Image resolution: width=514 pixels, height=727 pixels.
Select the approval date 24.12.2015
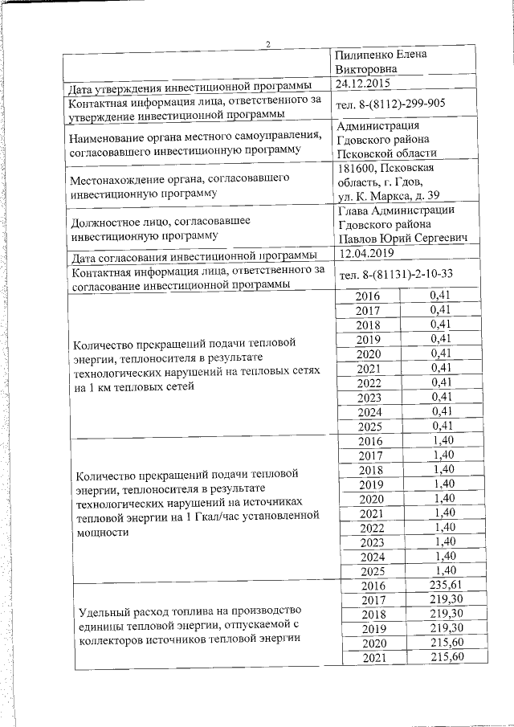click(x=365, y=83)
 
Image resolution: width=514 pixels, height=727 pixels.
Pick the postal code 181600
click(x=357, y=167)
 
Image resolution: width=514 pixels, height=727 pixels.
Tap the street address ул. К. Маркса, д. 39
click(x=389, y=195)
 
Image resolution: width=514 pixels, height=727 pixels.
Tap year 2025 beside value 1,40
click(x=371, y=571)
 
